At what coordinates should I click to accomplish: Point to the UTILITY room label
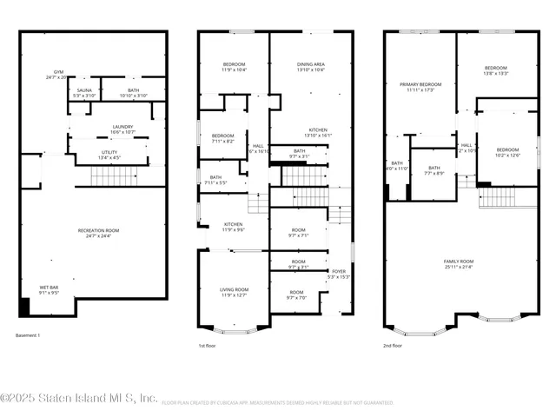coord(109,155)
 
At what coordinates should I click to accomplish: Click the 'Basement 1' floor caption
coord(28,335)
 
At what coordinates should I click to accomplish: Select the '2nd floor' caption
coord(392,345)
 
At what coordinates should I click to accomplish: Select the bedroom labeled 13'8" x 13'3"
coord(495,70)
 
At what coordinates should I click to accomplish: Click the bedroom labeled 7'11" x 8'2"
coord(223,138)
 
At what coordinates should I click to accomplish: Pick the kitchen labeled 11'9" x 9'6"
coord(233,226)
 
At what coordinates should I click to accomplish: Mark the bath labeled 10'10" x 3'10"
coord(132,92)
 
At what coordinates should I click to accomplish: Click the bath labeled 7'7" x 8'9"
coord(434,170)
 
